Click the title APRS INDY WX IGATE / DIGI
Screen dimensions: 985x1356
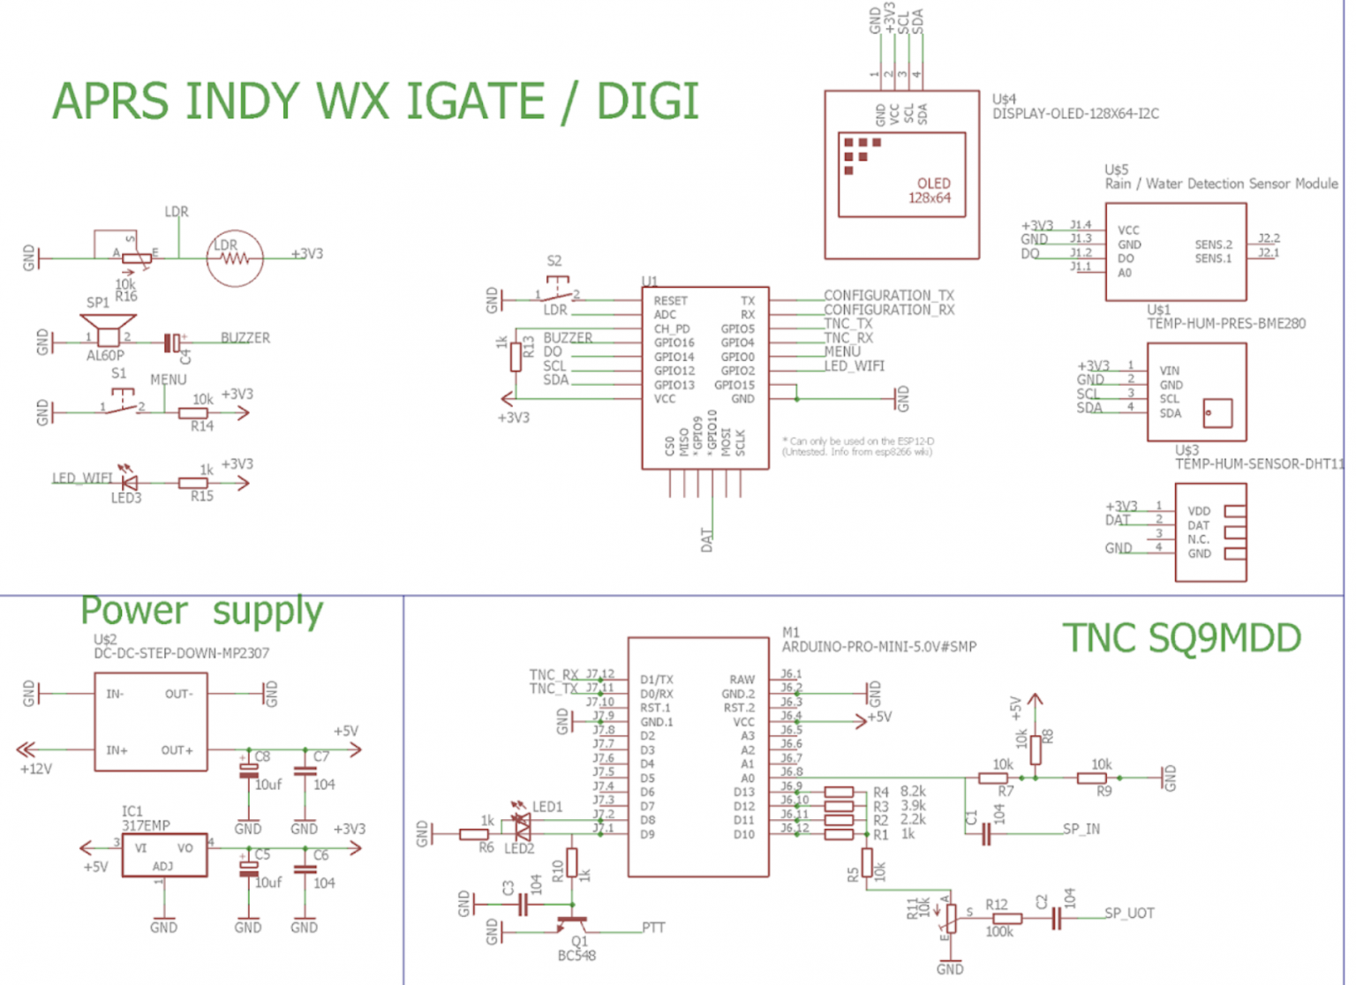pos(375,101)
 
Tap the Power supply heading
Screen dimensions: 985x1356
pos(201,611)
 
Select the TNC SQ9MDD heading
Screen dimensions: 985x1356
pos(1180,638)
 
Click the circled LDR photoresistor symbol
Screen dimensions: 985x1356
pos(235,259)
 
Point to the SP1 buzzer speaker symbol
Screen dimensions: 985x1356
pos(108,336)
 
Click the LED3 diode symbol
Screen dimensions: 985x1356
pos(129,483)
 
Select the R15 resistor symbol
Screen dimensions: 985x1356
pos(193,483)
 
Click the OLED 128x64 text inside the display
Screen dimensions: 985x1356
pos(930,191)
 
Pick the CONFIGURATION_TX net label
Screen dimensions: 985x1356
pos(888,295)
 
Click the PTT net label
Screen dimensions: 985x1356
pos(653,928)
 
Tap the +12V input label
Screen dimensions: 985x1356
pos(36,769)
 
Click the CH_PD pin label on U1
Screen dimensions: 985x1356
pos(671,328)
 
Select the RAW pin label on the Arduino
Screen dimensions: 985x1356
pos(742,679)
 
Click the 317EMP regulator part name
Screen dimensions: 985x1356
pos(146,825)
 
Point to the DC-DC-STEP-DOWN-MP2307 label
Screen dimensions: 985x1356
pos(181,653)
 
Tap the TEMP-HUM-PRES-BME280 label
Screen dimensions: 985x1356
pos(1225,324)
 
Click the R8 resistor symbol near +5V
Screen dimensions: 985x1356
pos(1036,748)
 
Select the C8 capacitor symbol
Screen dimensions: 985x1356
pos(249,771)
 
